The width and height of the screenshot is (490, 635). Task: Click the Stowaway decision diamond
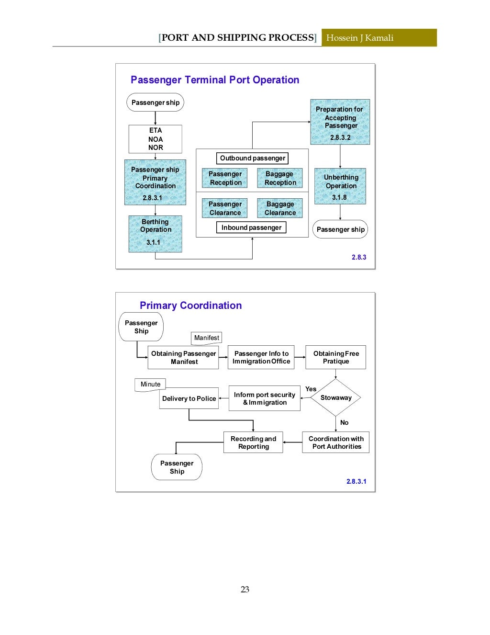point(335,397)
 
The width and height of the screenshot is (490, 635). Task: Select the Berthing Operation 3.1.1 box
point(155,234)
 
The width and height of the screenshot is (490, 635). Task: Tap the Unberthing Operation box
point(340,186)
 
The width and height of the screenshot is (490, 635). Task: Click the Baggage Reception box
point(280,178)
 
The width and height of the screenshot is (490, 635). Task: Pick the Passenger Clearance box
point(225,208)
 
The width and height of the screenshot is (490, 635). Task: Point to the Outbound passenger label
point(252,158)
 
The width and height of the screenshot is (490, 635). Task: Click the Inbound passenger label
point(251,227)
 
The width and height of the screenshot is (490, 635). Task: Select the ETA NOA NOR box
point(156,139)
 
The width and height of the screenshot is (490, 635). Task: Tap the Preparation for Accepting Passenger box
point(340,122)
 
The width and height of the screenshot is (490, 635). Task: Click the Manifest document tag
point(206,338)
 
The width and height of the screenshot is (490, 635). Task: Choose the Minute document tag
point(150,385)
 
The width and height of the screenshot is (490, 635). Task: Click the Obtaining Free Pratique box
point(335,357)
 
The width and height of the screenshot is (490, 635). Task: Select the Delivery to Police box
point(189,398)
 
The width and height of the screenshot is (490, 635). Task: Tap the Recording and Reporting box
point(253,442)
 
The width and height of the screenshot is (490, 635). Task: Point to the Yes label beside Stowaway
point(311,389)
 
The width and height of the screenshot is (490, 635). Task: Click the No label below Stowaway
point(344,422)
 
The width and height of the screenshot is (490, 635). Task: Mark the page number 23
point(245,590)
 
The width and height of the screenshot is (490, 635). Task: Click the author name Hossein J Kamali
point(360,38)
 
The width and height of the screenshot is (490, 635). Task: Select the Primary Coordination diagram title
point(190,306)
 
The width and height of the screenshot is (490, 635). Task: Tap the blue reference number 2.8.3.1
point(356,481)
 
